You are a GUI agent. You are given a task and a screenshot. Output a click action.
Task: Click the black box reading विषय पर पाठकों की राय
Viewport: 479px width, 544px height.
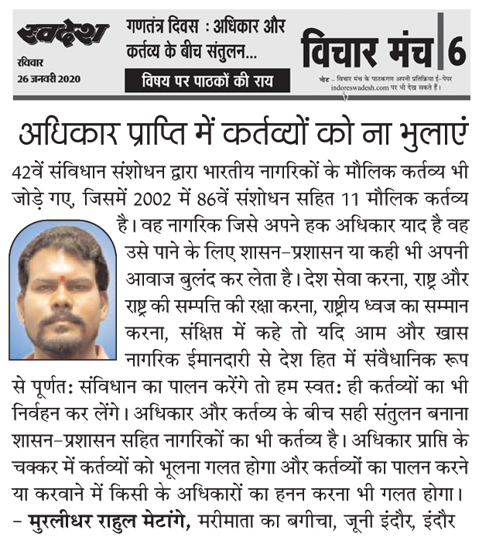click(x=207, y=80)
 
